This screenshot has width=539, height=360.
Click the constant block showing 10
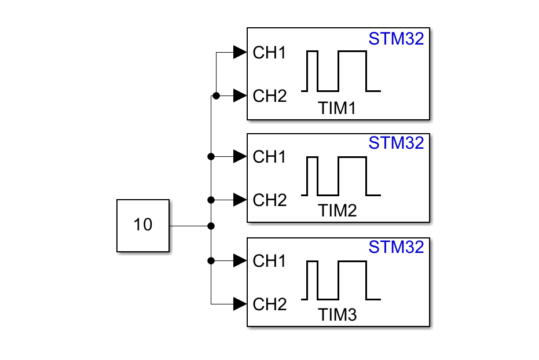click(x=143, y=225)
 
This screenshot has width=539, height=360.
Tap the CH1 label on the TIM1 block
click(x=269, y=53)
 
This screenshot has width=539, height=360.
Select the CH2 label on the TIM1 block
click(x=269, y=96)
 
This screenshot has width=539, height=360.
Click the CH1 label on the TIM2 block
click(x=269, y=157)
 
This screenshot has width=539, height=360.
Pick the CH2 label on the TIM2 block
click(x=269, y=200)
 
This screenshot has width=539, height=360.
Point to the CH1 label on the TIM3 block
click(x=269, y=261)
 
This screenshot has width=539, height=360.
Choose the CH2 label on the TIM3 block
click(x=269, y=304)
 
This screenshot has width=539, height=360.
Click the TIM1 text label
click(x=338, y=108)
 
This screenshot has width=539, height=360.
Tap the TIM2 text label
click(x=338, y=211)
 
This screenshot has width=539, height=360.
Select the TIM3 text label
click(x=338, y=315)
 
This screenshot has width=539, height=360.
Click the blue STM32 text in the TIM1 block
click(x=397, y=39)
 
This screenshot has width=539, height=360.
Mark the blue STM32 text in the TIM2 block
click(x=397, y=143)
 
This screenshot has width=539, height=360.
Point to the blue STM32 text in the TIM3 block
click(x=397, y=247)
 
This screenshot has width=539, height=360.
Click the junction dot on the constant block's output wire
click(x=211, y=225)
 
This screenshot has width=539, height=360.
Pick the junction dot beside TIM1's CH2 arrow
click(x=215, y=95)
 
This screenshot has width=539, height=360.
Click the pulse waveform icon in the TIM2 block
click(x=341, y=176)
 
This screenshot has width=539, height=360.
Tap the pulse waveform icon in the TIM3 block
click(x=341, y=280)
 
